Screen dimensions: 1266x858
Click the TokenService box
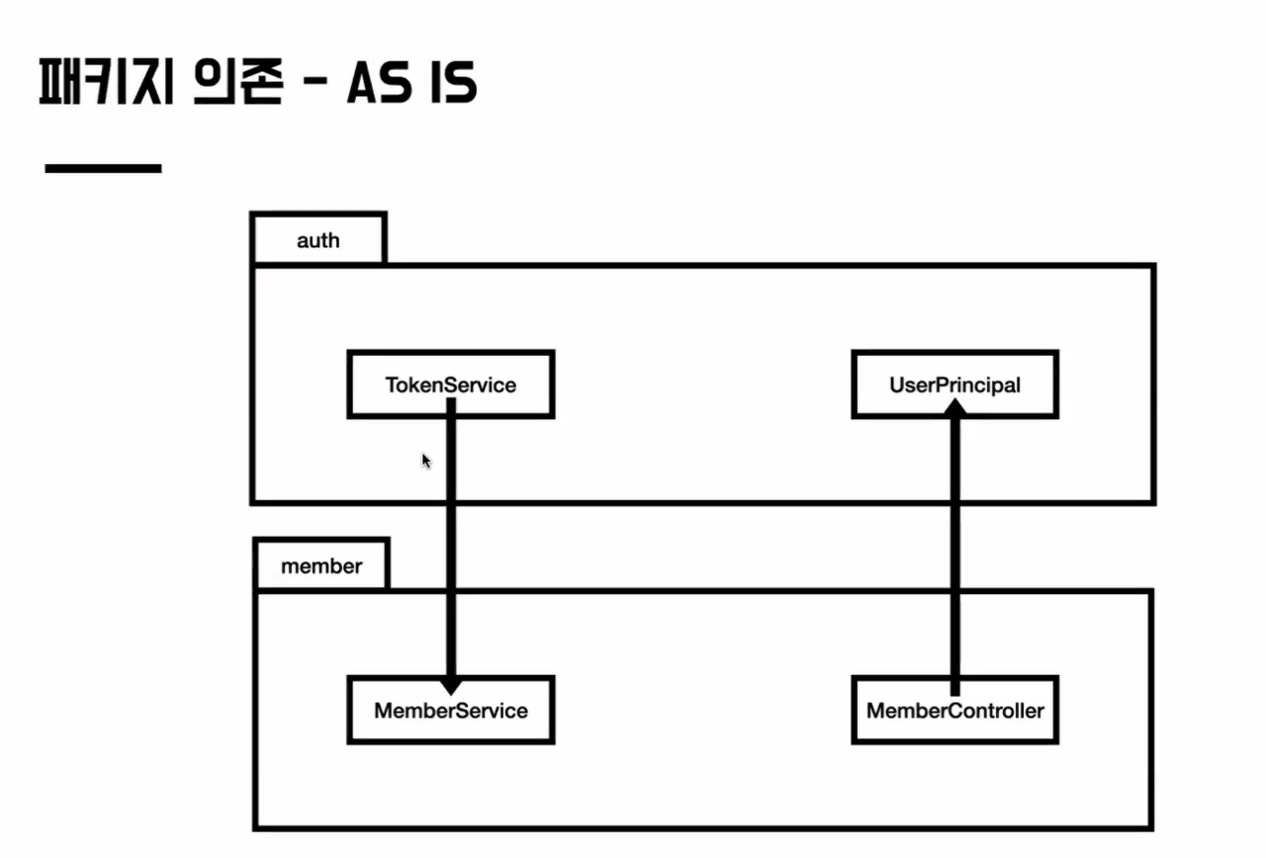(x=451, y=385)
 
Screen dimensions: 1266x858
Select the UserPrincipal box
(x=954, y=385)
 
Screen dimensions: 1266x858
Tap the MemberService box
(x=451, y=710)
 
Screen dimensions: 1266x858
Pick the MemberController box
(x=954, y=710)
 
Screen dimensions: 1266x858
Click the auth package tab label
(x=317, y=240)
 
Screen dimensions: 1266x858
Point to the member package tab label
(x=321, y=566)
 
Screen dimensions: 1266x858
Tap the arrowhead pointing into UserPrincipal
(x=954, y=413)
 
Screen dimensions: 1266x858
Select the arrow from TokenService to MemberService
(x=451, y=544)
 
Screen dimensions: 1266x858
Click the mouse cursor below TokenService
(x=426, y=461)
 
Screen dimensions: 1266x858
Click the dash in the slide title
(x=314, y=87)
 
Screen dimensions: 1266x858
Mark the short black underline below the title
(x=103, y=169)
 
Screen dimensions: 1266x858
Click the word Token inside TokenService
(x=414, y=385)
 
